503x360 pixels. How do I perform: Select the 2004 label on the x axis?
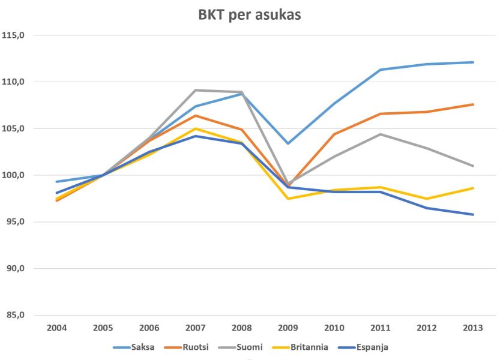(x=56, y=328)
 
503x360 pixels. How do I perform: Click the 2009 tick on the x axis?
(x=288, y=328)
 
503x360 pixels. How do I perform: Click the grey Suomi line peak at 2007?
(x=196, y=90)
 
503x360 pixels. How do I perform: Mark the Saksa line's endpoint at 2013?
(x=473, y=62)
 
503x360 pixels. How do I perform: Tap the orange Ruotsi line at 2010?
(x=334, y=134)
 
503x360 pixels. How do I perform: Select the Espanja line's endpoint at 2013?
(x=473, y=214)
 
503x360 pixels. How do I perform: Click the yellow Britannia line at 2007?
(x=196, y=128)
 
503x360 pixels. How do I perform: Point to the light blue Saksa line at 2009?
(x=288, y=143)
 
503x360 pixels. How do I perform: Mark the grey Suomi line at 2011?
(x=381, y=134)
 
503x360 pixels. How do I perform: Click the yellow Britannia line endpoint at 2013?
(x=473, y=188)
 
